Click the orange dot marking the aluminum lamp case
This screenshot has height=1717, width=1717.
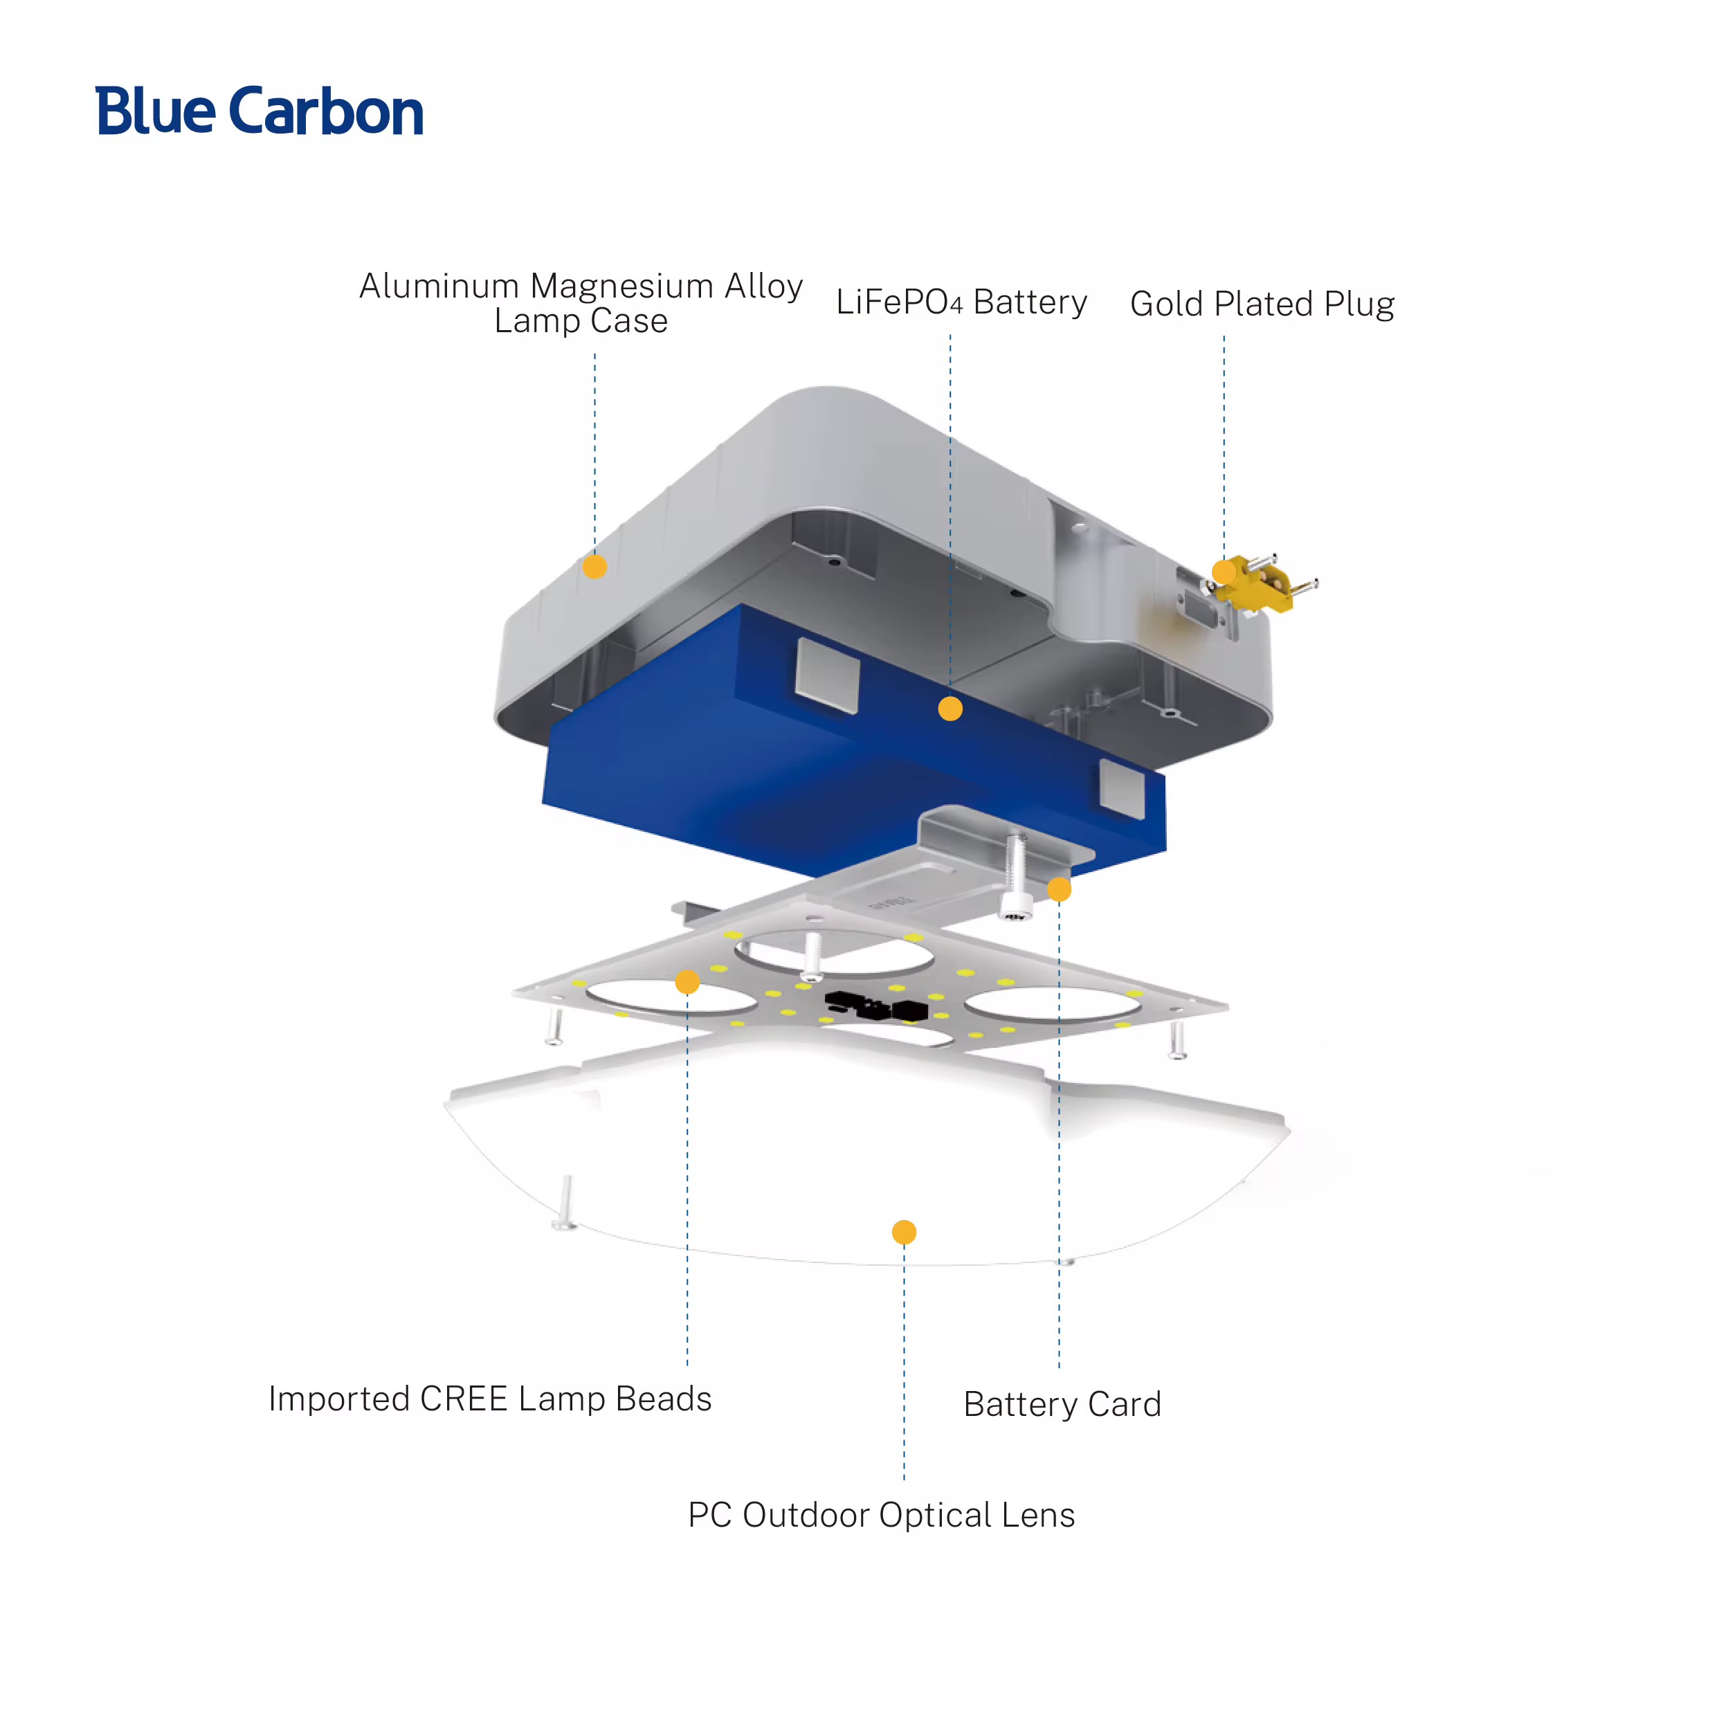pyautogui.click(x=594, y=566)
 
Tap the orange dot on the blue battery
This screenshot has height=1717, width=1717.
pyautogui.click(x=950, y=708)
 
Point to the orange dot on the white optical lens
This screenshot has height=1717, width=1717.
pyautogui.click(x=904, y=1232)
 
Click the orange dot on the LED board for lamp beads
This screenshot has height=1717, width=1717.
pyautogui.click(x=687, y=982)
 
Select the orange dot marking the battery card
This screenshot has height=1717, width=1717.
pyautogui.click(x=1058, y=889)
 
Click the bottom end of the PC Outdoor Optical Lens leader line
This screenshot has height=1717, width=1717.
pyautogui.click(x=904, y=1478)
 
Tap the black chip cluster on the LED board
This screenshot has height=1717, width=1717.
pyautogui.click(x=876, y=1006)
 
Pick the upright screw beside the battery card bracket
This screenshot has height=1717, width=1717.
pyautogui.click(x=1016, y=875)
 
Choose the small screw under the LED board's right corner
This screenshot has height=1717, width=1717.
pyautogui.click(x=1177, y=1039)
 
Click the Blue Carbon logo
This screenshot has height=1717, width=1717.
pyautogui.click(x=260, y=111)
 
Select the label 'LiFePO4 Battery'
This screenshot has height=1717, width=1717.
pyautogui.click(x=961, y=302)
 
